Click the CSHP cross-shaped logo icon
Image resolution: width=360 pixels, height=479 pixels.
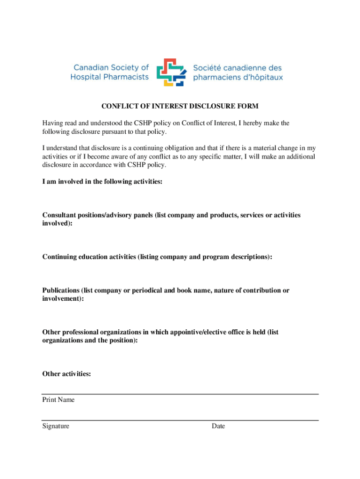(x=171, y=72)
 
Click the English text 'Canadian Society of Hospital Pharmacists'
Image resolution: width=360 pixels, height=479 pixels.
(x=110, y=72)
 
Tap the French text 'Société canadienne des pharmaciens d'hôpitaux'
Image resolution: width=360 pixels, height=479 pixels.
(x=238, y=72)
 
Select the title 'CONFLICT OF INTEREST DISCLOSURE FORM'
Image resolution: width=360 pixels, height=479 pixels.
(x=180, y=106)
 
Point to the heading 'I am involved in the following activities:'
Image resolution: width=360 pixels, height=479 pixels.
(x=102, y=181)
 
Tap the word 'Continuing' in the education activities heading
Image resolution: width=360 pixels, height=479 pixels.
(x=60, y=257)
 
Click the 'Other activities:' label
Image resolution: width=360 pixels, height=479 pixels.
(x=66, y=374)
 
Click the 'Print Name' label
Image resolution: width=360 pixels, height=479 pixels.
(x=58, y=400)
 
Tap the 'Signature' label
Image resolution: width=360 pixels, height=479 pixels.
(x=56, y=426)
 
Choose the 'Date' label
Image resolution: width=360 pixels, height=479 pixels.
(x=218, y=426)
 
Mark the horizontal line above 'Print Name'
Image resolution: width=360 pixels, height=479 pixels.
(x=180, y=394)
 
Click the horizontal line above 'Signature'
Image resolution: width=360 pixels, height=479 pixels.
(x=180, y=420)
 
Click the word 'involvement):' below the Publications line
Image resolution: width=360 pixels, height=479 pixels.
(x=63, y=298)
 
